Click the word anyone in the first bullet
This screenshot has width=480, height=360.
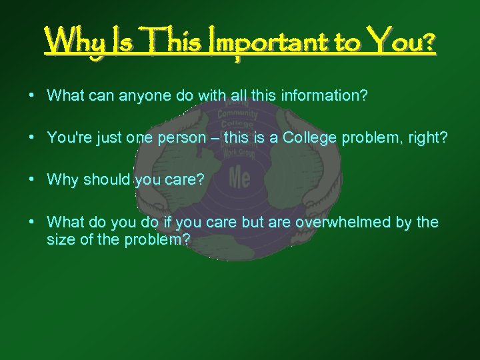pos(145,96)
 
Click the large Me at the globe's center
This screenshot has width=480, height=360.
pos(239,177)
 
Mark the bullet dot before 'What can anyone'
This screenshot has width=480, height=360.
pos(32,95)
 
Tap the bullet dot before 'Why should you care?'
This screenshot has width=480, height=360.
pos(32,179)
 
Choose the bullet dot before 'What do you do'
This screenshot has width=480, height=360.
pos(32,221)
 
